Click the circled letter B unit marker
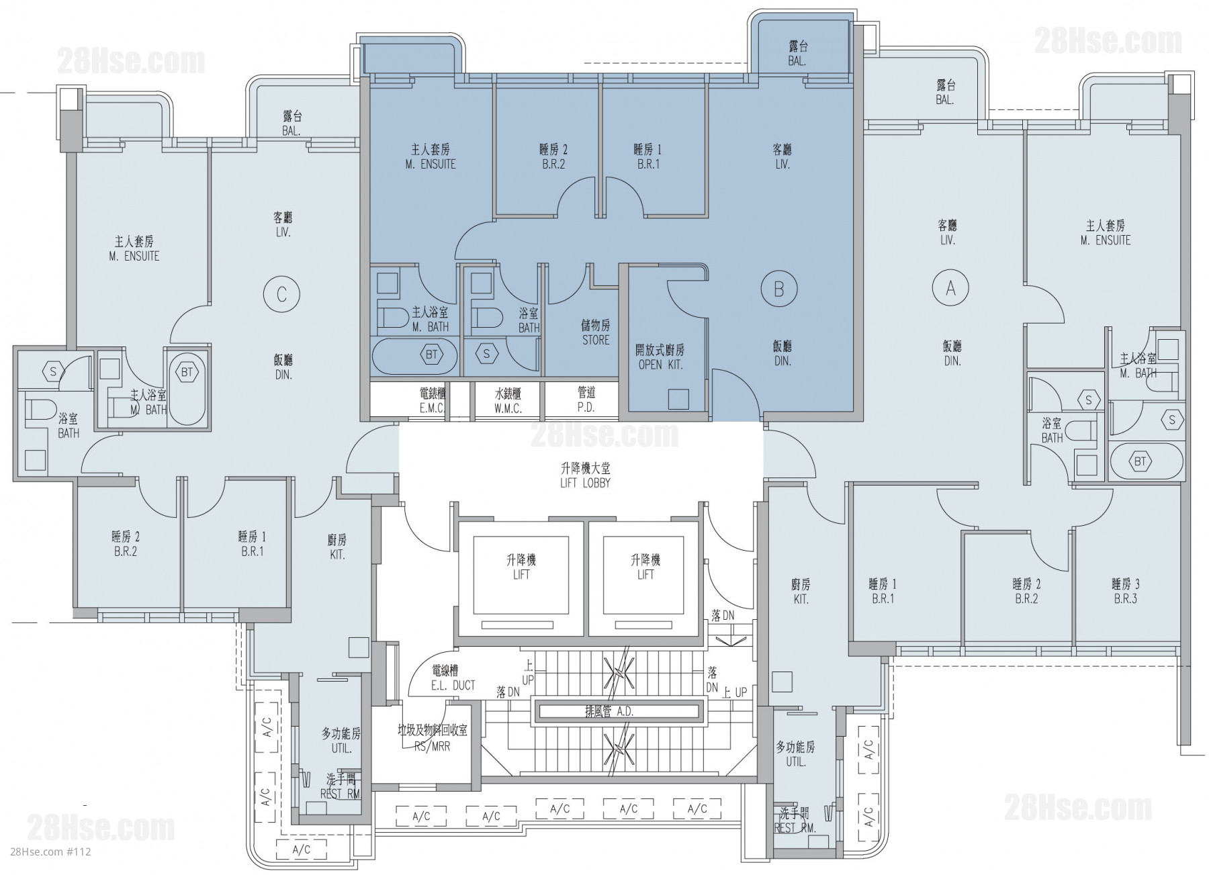click(779, 289)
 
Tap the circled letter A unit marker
click(950, 288)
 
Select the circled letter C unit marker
click(281, 294)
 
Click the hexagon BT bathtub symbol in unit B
click(431, 355)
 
